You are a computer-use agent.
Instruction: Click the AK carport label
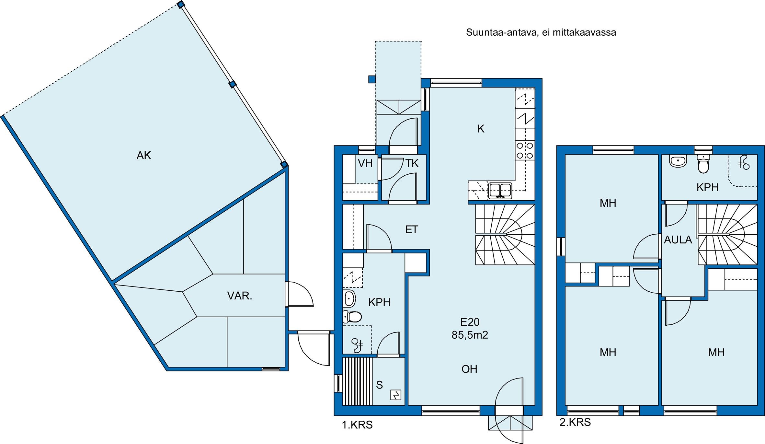(144, 156)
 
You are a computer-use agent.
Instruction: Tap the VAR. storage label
(240, 296)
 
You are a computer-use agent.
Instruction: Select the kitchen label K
(481, 129)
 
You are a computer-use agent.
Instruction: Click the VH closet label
(365, 163)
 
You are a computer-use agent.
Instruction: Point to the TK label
(412, 163)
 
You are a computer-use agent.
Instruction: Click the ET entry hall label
(412, 230)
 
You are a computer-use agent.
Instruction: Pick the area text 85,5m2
(470, 335)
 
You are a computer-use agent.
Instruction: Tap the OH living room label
(469, 369)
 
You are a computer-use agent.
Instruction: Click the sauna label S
(379, 385)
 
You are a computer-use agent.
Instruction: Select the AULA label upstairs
(678, 240)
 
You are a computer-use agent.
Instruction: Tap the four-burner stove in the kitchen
(525, 150)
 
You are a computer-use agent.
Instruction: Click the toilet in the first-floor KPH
(352, 317)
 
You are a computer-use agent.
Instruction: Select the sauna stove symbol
(396, 395)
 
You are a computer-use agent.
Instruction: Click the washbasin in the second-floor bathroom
(678, 161)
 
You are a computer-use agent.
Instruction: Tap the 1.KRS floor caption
(357, 425)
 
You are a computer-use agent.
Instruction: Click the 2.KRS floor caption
(575, 422)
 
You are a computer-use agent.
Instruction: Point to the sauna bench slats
(358, 381)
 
